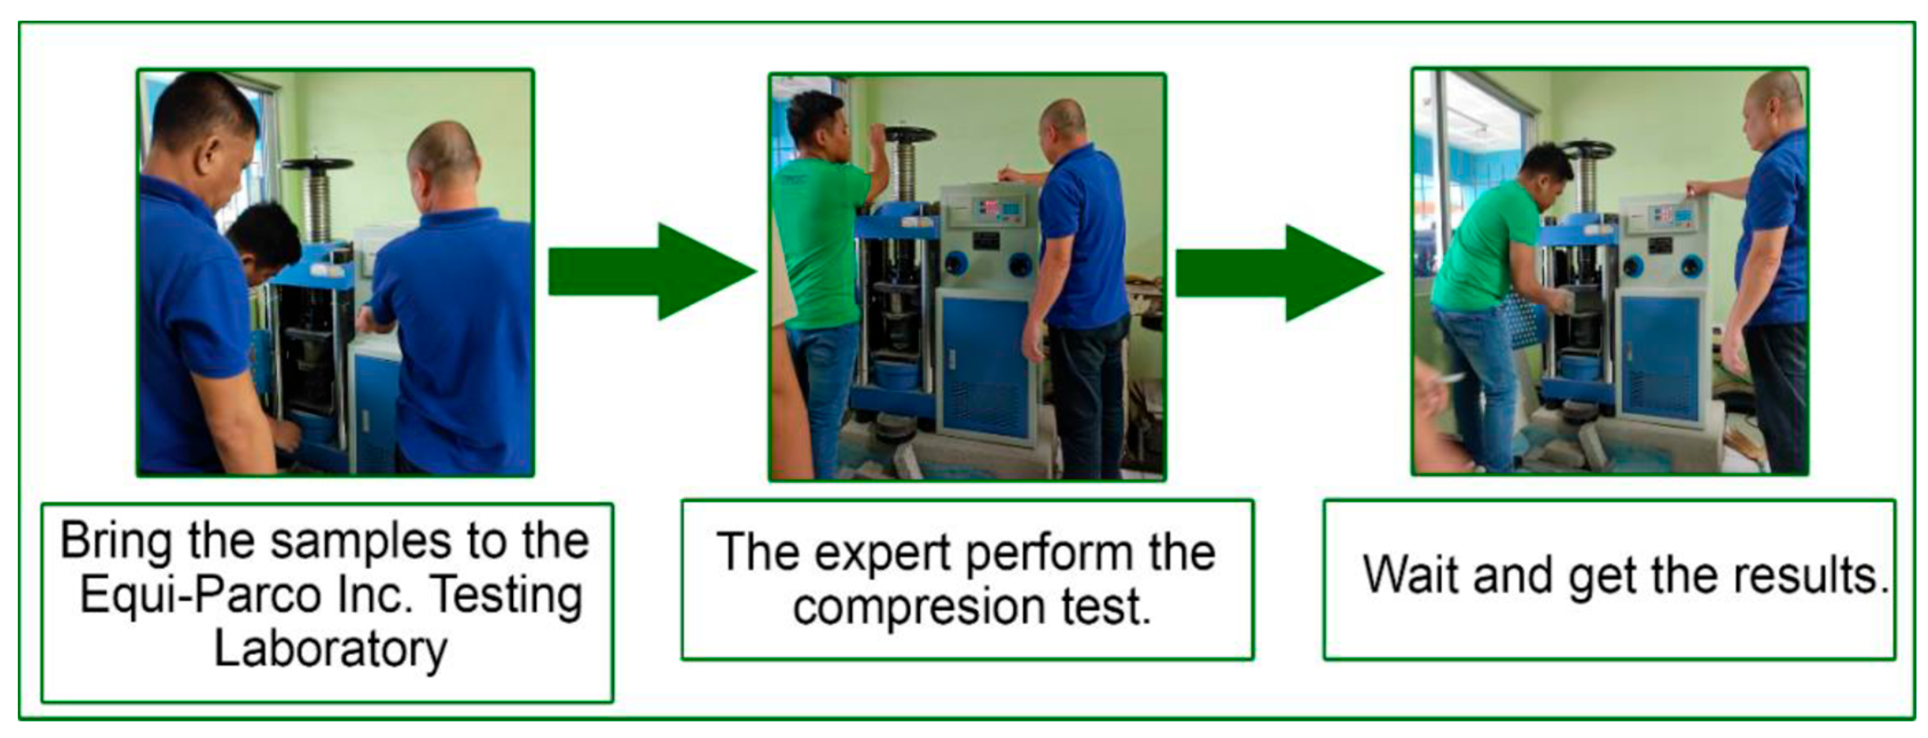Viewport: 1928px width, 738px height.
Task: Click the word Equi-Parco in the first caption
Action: click(201, 596)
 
